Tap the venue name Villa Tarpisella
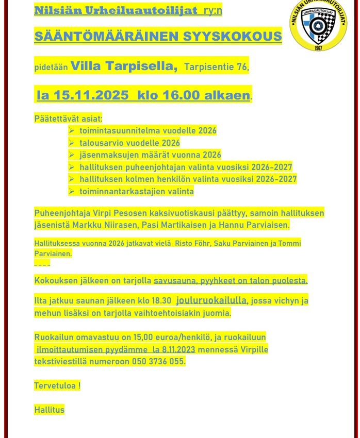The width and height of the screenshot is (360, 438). [x=124, y=66]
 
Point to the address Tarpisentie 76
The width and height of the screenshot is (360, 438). [x=216, y=67]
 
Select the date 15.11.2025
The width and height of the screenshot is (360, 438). [x=91, y=96]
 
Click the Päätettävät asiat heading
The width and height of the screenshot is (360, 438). [x=68, y=119]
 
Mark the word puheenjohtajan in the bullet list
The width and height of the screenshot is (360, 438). [x=150, y=167]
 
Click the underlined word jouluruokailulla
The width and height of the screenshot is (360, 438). [x=212, y=300]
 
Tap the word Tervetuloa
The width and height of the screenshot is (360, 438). [x=55, y=385]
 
